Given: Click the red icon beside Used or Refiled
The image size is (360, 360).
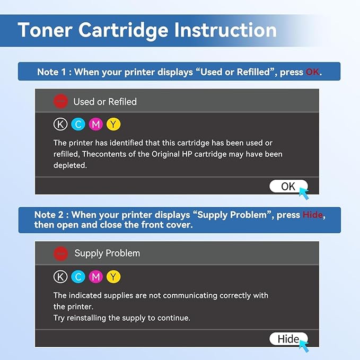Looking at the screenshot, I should (x=61, y=101).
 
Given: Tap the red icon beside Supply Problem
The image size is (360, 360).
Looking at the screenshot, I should (x=61, y=253).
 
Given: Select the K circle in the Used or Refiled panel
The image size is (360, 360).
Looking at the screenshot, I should (x=61, y=125).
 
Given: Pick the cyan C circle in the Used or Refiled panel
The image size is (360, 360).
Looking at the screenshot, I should (x=78, y=125).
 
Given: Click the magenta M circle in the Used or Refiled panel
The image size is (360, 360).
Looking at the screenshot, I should (x=96, y=125).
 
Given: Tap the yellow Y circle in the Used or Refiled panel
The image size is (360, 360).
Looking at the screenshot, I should (x=113, y=125).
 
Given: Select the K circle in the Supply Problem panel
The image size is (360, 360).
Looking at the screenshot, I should (x=61, y=277).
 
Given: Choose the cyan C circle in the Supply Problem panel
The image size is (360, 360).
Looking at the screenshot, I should (x=78, y=277).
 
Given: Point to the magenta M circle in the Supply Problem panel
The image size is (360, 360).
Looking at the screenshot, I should (x=96, y=277).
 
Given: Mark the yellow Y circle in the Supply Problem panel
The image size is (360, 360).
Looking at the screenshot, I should (x=113, y=277).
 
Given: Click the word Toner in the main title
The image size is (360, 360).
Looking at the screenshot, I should (x=45, y=30).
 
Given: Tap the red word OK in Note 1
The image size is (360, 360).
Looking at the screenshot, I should (x=312, y=72).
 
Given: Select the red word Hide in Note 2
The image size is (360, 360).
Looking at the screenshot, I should (x=312, y=215).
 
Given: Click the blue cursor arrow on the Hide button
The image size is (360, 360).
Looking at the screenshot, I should (x=304, y=345).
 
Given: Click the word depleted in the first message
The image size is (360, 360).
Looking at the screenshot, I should (x=69, y=165).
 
